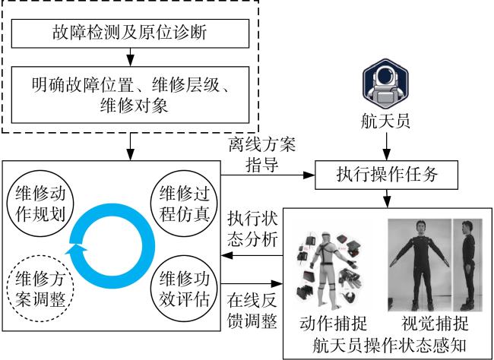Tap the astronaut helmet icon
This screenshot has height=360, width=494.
(x=385, y=82)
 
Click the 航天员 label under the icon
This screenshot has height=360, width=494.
(x=385, y=121)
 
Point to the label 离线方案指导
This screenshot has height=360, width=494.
(x=262, y=154)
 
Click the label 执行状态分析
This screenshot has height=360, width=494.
(x=252, y=229)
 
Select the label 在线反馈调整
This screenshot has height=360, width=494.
(x=252, y=311)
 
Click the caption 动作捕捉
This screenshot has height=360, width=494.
(x=334, y=323)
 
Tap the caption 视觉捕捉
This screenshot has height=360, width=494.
(x=435, y=323)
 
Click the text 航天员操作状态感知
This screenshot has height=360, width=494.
(x=389, y=346)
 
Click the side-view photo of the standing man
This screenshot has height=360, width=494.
(x=468, y=265)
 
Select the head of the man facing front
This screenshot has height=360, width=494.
(x=420, y=227)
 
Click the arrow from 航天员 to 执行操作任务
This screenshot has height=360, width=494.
(x=387, y=147)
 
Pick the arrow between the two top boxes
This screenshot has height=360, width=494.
(x=130, y=57)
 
